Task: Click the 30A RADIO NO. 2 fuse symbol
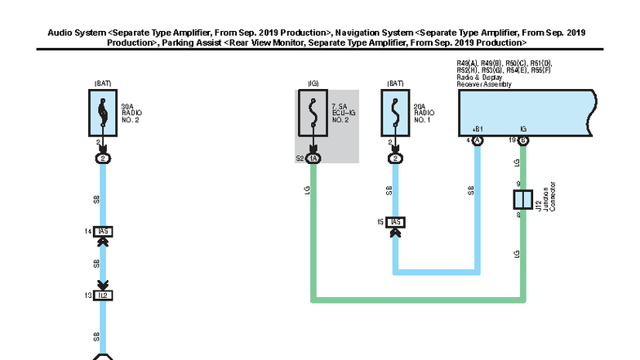pos(102,112)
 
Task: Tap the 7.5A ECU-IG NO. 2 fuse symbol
pos(313,114)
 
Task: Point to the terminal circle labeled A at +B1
pos(478,140)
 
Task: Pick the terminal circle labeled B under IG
pos(523,140)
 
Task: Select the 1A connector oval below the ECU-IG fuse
pos(313,158)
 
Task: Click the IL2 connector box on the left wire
pos(103,295)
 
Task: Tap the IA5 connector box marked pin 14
pos(103,232)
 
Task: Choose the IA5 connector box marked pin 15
pos(396,222)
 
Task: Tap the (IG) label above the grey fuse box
pos(313,83)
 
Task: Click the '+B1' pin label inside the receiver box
pos(478,129)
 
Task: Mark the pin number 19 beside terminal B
pos(512,140)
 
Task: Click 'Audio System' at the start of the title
pos(75,32)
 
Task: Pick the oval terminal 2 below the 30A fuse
pos(103,158)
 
